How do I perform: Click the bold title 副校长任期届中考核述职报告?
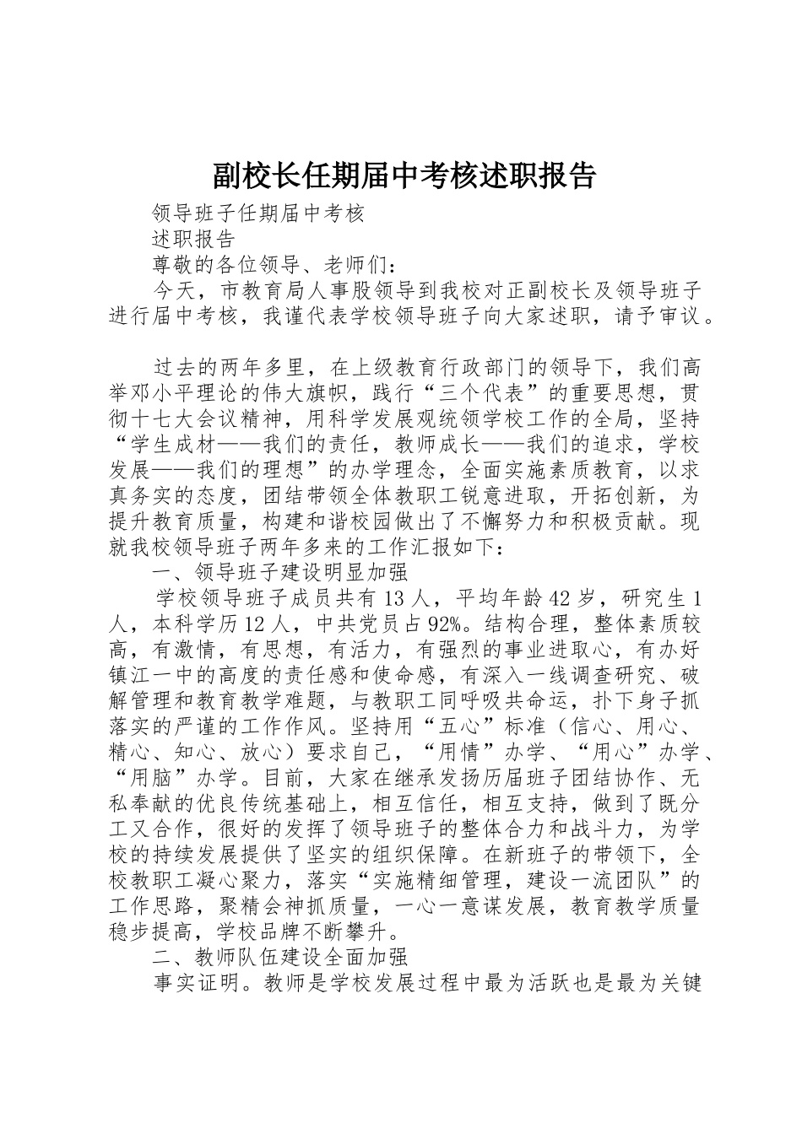pyautogui.click(x=403, y=175)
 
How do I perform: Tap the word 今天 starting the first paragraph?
pyautogui.click(x=174, y=291)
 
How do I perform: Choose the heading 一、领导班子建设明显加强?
pyautogui.click(x=279, y=573)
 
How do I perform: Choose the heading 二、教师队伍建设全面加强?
pyautogui.click(x=279, y=958)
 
